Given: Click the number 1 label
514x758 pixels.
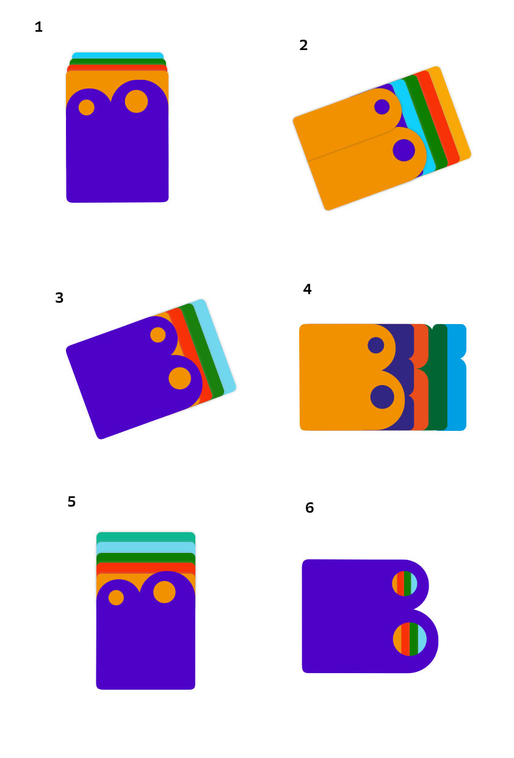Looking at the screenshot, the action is click(38, 27).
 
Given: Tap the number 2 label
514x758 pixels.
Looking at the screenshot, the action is click(303, 45).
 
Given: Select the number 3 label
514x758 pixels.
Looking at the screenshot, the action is click(59, 298).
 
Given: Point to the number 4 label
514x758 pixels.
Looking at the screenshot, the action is click(307, 289).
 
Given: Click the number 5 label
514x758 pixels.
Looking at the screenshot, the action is click(71, 502).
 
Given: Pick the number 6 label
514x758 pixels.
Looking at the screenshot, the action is click(309, 508).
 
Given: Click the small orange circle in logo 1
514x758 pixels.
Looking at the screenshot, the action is click(86, 107).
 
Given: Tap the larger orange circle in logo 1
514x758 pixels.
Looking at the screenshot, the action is click(136, 101).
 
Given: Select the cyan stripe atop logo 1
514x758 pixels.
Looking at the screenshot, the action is click(118, 56).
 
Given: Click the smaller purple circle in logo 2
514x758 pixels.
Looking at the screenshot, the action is click(382, 107).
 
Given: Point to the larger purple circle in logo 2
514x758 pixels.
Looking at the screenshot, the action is click(404, 150).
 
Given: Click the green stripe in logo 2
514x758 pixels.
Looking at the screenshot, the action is click(425, 123).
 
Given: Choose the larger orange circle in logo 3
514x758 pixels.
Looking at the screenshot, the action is click(179, 378).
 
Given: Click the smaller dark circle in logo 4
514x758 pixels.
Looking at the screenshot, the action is click(375, 345).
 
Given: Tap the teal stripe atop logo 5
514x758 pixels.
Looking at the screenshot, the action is click(146, 537).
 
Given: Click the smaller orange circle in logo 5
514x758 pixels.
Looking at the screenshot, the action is click(116, 597).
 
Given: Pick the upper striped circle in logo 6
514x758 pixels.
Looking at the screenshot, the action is click(404, 583).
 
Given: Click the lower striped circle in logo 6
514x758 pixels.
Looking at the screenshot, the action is click(410, 639).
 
